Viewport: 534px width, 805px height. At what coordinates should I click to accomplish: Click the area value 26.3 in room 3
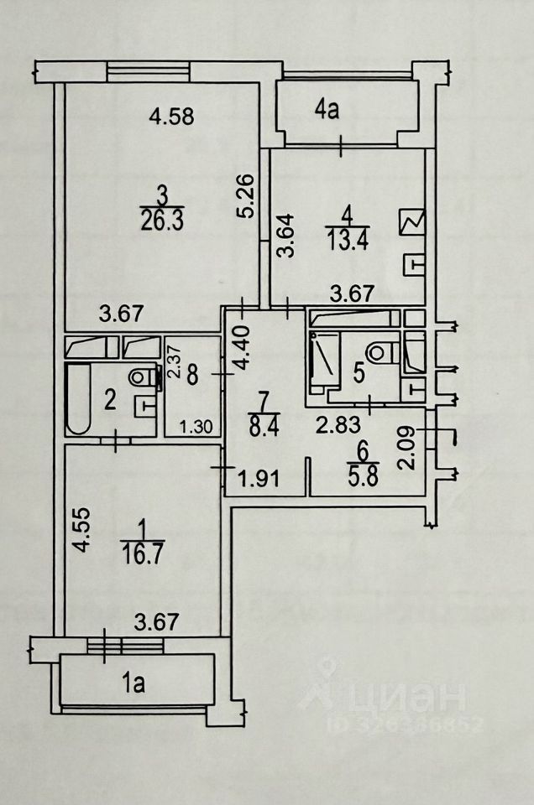point(163,218)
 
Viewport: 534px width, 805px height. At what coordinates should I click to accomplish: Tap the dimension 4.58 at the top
point(172,117)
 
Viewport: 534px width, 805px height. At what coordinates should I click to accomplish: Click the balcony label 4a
point(327,109)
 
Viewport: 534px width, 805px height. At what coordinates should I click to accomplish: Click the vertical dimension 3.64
point(285,237)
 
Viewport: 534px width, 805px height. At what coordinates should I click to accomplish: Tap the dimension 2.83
point(332,426)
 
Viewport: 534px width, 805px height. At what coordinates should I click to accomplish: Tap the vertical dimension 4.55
point(79,532)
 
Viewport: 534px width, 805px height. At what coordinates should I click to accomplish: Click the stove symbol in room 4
point(414,224)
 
